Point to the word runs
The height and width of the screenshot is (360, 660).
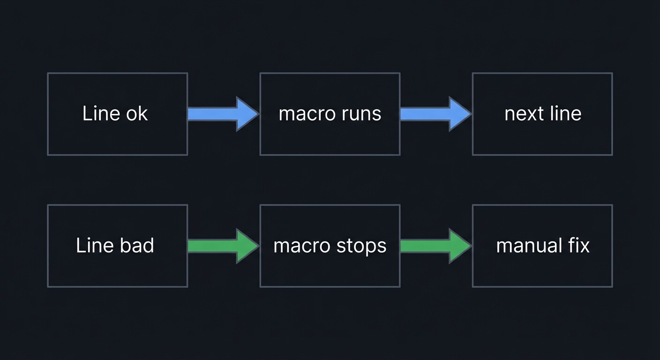pyautogui.click(x=361, y=114)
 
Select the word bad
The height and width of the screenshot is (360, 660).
pyautogui.click(x=138, y=246)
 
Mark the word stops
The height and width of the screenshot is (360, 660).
pyautogui.click(x=362, y=246)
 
